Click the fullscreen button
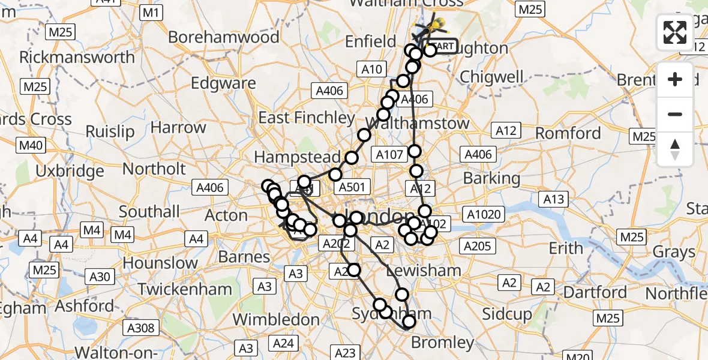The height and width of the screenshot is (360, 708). (675, 32)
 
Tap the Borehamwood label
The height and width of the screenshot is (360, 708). (223, 37)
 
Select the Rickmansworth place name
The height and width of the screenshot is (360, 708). (77, 58)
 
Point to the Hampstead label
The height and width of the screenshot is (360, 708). (297, 157)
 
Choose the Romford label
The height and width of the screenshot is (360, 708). (568, 133)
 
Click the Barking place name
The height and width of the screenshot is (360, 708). (491, 178)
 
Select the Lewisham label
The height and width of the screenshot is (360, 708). (424, 271)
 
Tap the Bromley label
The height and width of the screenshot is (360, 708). (442, 343)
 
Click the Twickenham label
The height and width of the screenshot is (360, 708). (184, 289)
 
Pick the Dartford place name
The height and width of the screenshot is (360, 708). (596, 292)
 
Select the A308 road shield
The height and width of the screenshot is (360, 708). (142, 328)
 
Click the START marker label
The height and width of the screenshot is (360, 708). (443, 46)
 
